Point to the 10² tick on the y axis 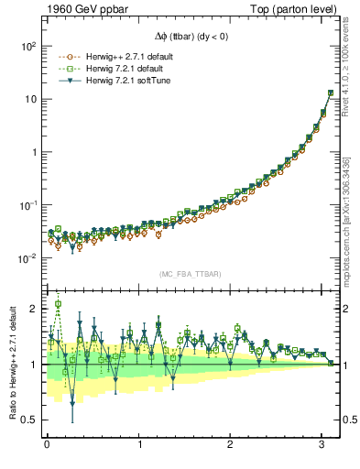click(x=28, y=46)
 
